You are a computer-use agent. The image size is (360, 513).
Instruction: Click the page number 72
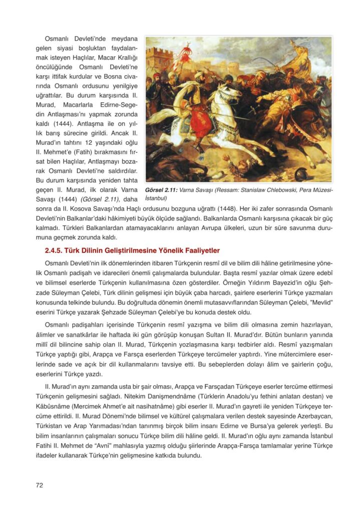click(40, 484)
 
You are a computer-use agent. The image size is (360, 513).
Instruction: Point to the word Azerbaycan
click(313, 416)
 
